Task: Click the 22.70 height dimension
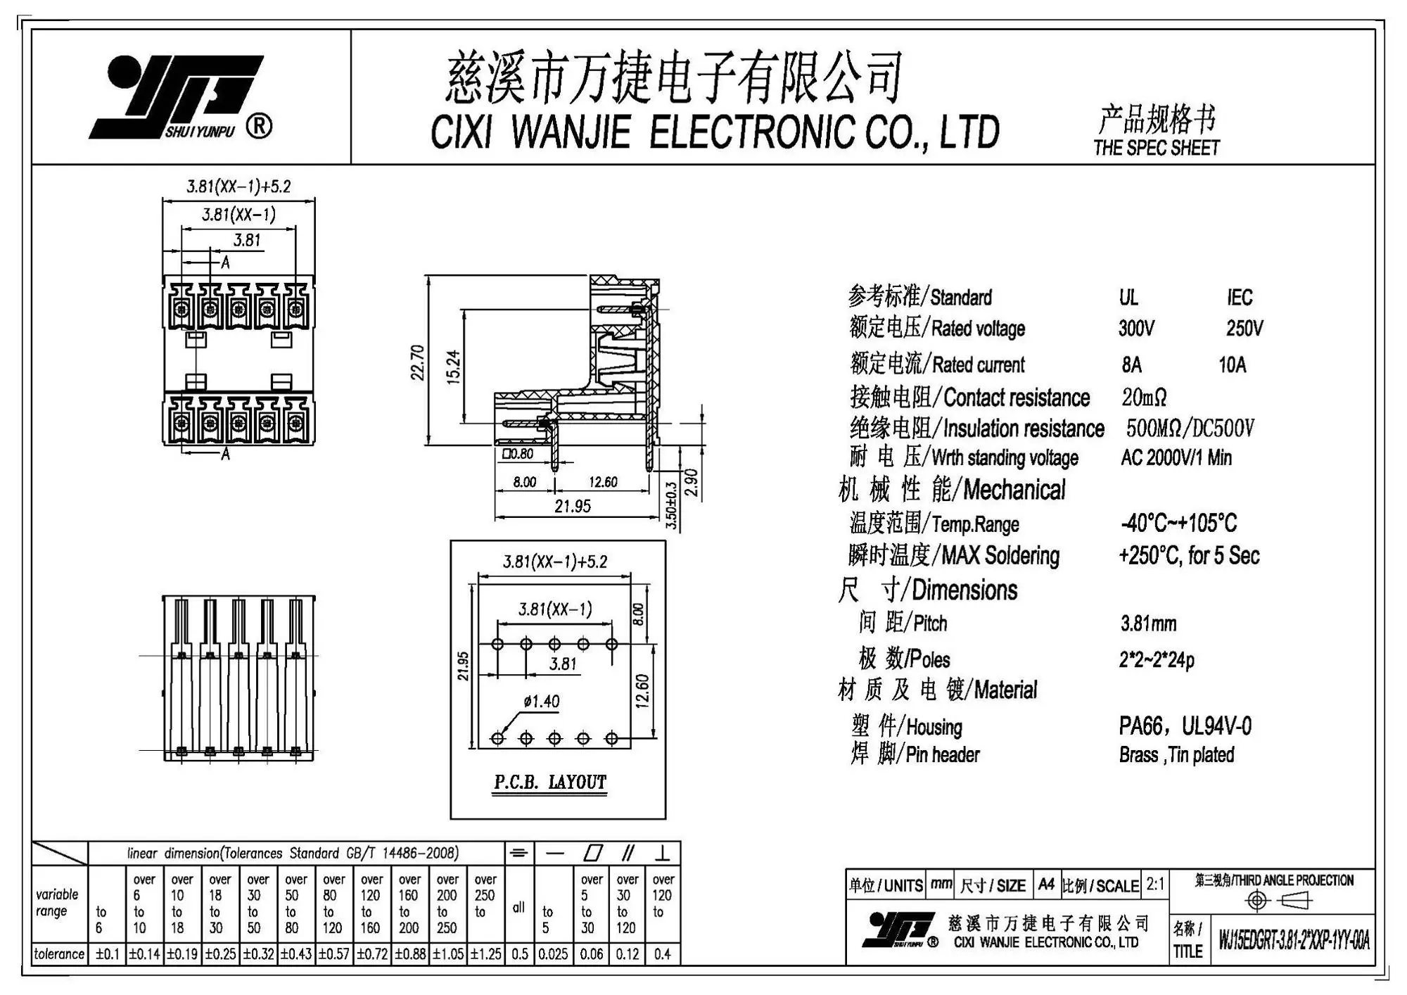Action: coord(417,362)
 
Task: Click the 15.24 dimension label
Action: coord(454,367)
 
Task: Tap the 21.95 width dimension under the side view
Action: coord(573,506)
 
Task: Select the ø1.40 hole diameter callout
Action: coord(542,701)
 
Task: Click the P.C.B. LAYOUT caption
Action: coord(549,782)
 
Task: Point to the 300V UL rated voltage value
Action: coord(1136,329)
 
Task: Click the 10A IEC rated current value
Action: coord(1232,365)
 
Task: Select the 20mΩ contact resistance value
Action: coord(1144,398)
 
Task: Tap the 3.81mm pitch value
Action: coord(1148,623)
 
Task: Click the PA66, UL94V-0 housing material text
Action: coord(1185,725)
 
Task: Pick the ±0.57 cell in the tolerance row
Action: coord(333,954)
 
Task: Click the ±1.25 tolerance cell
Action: coord(485,954)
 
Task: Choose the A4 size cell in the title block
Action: coord(1046,885)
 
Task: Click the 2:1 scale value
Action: coord(1155,885)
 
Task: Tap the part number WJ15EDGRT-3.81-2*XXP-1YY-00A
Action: coord(1294,940)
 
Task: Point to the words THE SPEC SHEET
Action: coord(1157,148)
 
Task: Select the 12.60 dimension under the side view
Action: coord(603,482)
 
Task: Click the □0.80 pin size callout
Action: coord(518,454)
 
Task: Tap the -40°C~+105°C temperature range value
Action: coord(1178,523)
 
